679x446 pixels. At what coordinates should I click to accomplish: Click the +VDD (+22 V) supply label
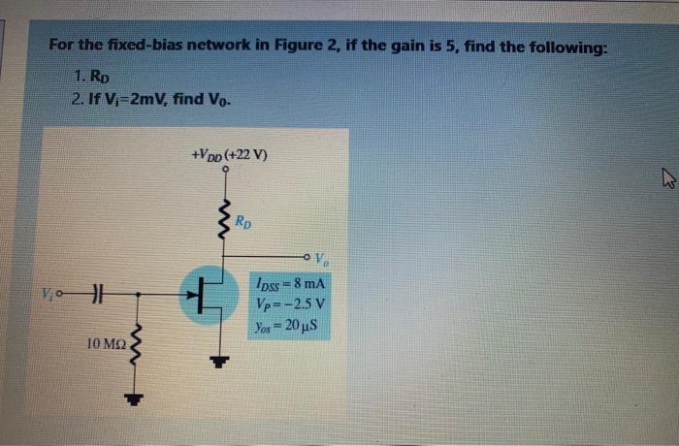click(231, 154)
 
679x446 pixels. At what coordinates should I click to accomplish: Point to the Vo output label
click(321, 257)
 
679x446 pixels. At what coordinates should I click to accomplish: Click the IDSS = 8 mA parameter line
click(289, 283)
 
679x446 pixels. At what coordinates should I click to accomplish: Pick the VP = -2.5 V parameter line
click(288, 303)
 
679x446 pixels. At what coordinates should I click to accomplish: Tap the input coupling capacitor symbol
click(94, 291)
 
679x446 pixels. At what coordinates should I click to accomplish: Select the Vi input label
click(50, 291)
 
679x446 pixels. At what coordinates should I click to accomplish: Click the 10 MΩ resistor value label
click(104, 342)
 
